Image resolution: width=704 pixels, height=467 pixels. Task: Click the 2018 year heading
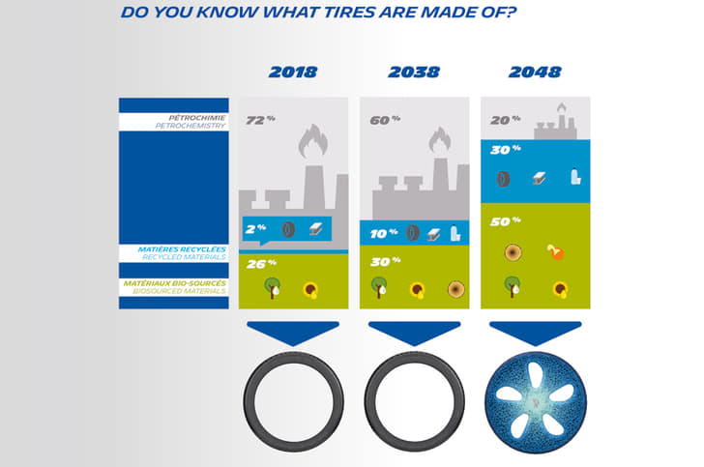[x=293, y=72]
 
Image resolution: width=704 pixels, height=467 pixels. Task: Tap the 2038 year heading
[x=414, y=72]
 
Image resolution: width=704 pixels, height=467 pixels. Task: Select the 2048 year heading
[x=535, y=72]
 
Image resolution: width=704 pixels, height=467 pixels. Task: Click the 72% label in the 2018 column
[x=260, y=120]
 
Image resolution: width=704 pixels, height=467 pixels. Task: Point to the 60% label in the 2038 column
[x=385, y=120]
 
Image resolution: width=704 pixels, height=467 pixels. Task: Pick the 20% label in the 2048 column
[x=506, y=120]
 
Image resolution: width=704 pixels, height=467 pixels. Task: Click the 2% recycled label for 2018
[x=255, y=229]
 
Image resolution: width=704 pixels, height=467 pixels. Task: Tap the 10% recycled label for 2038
[x=384, y=234]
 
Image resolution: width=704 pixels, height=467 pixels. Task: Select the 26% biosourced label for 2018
[x=261, y=264]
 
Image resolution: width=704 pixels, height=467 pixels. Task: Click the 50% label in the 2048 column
[x=506, y=221]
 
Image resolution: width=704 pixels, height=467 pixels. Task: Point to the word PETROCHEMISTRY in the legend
[x=190, y=126]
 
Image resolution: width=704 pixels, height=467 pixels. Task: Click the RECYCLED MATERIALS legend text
[x=184, y=257]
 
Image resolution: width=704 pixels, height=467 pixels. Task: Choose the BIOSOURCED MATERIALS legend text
[x=179, y=291]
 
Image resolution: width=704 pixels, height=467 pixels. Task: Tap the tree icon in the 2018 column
[x=272, y=288]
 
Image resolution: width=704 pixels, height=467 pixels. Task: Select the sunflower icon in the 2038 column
[x=418, y=290]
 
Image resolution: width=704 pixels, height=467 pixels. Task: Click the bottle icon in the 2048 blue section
[x=575, y=177]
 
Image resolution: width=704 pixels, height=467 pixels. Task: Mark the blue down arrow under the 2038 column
[x=415, y=333]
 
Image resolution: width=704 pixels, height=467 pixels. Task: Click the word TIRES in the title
[x=349, y=13]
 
